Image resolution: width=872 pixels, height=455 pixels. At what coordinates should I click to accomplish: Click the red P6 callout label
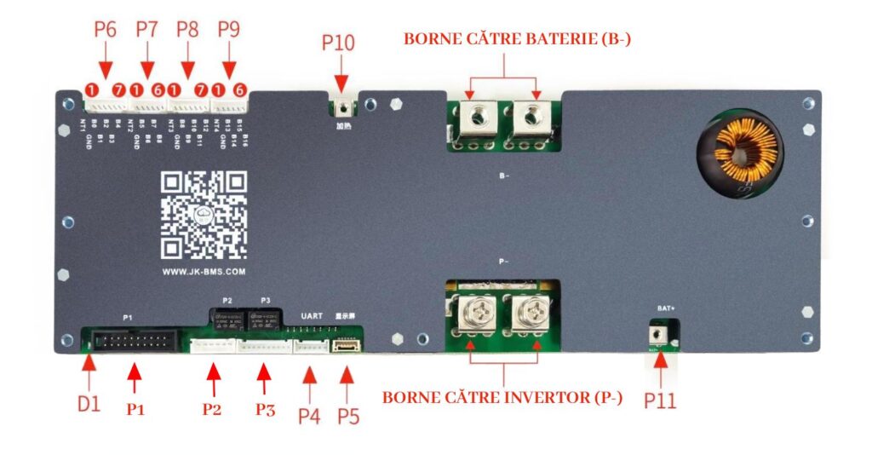(x=105, y=29)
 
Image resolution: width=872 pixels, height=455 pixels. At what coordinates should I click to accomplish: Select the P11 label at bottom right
(x=660, y=399)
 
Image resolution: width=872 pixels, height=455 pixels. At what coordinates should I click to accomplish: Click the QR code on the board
(x=204, y=215)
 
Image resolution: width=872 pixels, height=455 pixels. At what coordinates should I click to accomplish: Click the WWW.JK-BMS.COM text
(x=204, y=272)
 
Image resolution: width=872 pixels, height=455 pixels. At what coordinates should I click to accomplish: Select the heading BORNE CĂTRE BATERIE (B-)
(x=517, y=39)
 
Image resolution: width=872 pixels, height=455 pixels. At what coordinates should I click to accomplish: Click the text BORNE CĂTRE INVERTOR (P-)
(x=502, y=397)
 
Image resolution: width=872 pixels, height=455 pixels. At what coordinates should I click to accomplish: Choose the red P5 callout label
(x=349, y=415)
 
